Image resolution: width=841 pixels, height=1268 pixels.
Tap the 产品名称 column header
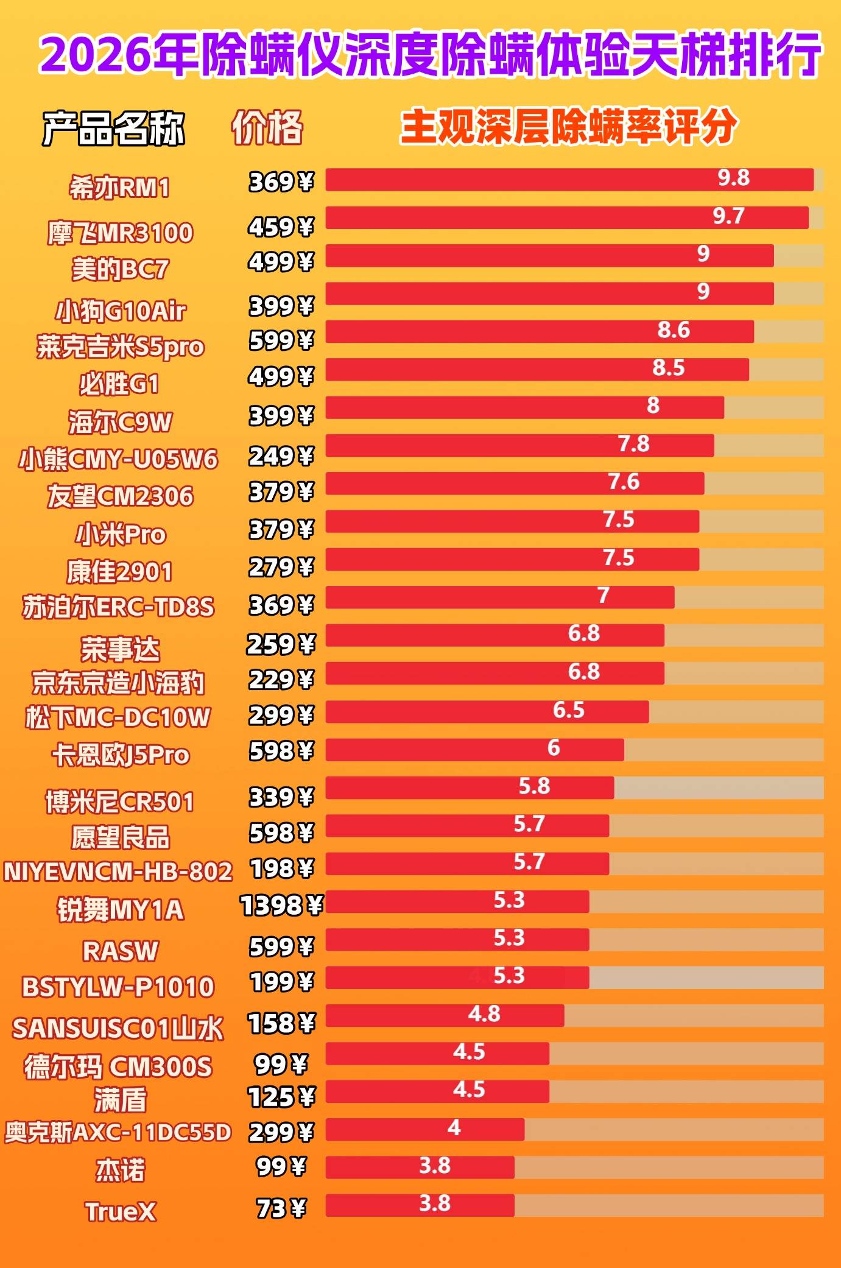point(113,129)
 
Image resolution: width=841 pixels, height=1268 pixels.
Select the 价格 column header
point(267,127)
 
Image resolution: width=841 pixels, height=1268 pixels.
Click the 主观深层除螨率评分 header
point(568,127)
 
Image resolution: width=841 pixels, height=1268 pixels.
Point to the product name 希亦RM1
point(119,187)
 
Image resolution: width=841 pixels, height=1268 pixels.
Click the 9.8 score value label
point(733,178)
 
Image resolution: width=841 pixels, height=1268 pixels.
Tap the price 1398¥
point(281,906)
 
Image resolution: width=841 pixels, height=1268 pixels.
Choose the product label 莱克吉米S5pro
point(121,347)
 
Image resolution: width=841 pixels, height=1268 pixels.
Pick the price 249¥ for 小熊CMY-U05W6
point(281,456)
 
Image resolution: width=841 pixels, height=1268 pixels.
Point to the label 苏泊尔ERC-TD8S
point(118,607)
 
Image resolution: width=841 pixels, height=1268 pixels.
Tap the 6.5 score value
point(568,710)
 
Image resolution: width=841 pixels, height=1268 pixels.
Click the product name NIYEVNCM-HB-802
point(118,872)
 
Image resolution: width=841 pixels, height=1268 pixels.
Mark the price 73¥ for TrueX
point(281,1208)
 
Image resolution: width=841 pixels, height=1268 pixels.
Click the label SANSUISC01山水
point(118,1029)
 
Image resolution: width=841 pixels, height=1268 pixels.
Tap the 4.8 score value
point(484,1014)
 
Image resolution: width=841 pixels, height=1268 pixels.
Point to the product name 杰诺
point(120,1170)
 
